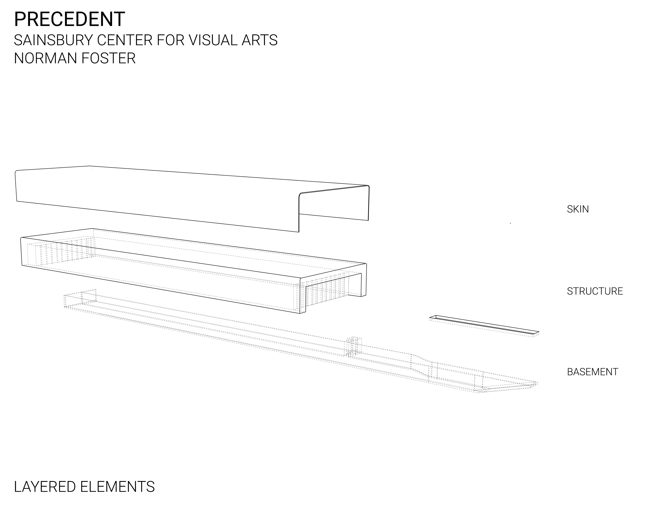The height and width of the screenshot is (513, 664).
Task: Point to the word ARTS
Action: click(259, 40)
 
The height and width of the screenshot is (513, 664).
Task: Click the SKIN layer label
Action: click(578, 209)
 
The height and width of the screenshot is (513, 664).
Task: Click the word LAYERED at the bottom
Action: click(45, 487)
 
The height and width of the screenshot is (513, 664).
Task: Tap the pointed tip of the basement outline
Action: click(537, 382)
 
